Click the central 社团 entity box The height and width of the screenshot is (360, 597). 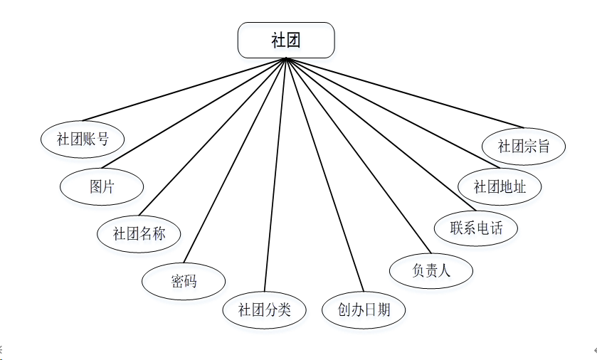point(285,40)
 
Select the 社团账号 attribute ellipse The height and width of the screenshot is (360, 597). point(83,139)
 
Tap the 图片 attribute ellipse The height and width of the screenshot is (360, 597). point(102,187)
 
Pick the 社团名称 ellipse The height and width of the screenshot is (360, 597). point(139,233)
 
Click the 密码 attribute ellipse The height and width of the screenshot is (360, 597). point(184,281)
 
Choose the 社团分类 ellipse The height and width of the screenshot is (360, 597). point(264,310)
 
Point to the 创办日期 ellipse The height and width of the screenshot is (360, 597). point(364,310)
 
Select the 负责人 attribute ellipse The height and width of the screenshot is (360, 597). point(431,270)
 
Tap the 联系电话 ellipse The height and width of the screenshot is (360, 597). point(476,228)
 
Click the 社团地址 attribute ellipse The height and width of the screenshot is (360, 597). point(500,187)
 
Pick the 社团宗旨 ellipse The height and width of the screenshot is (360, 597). point(524,147)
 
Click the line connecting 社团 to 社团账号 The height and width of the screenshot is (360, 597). point(184,90)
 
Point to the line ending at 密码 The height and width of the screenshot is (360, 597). point(235,160)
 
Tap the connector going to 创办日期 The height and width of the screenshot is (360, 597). point(324,175)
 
